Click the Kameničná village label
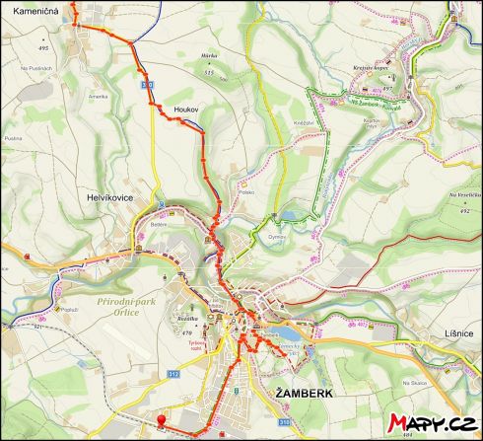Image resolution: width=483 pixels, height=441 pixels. coord(31,10)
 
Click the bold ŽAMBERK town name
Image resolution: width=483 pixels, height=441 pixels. coord(305,393)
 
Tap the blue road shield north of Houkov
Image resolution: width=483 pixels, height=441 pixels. coord(147,85)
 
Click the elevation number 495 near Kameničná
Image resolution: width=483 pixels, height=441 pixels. coord(42,47)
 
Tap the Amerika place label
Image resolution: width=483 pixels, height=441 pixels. coord(98,96)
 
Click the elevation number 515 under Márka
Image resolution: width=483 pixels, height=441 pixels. coord(208,72)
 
